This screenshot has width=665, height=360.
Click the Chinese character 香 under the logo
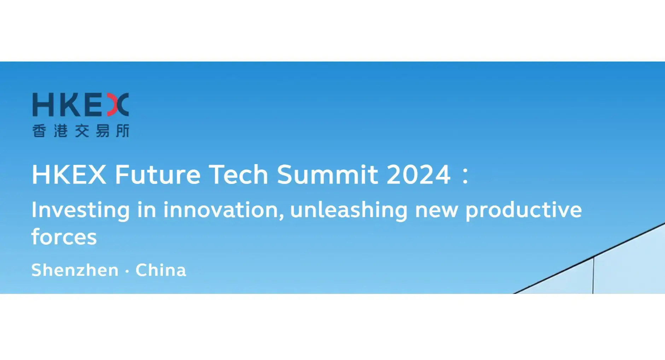pyautogui.click(x=39, y=131)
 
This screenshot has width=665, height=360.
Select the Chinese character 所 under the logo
pyautogui.click(x=122, y=131)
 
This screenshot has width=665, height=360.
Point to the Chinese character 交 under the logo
pyautogui.click(x=82, y=131)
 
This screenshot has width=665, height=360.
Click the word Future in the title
pyautogui.click(x=158, y=174)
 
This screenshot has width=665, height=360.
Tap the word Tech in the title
pyautogui.click(x=239, y=174)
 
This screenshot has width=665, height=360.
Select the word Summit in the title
pyautogui.click(x=327, y=174)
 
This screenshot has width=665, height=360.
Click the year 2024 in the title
pyautogui.click(x=418, y=174)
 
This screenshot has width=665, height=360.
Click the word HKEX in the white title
pyautogui.click(x=69, y=174)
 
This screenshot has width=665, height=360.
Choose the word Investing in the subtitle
pyautogui.click(x=81, y=210)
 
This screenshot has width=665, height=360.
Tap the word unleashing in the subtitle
pyautogui.click(x=349, y=210)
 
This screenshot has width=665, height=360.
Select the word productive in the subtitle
pyautogui.click(x=523, y=210)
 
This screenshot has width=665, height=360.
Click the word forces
pyautogui.click(x=64, y=237)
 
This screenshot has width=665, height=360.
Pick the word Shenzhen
pyautogui.click(x=75, y=270)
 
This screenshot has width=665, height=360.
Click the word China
pyautogui.click(x=161, y=270)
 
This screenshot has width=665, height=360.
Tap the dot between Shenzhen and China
pyautogui.click(x=127, y=271)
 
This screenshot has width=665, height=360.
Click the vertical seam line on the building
pyautogui.click(x=593, y=276)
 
